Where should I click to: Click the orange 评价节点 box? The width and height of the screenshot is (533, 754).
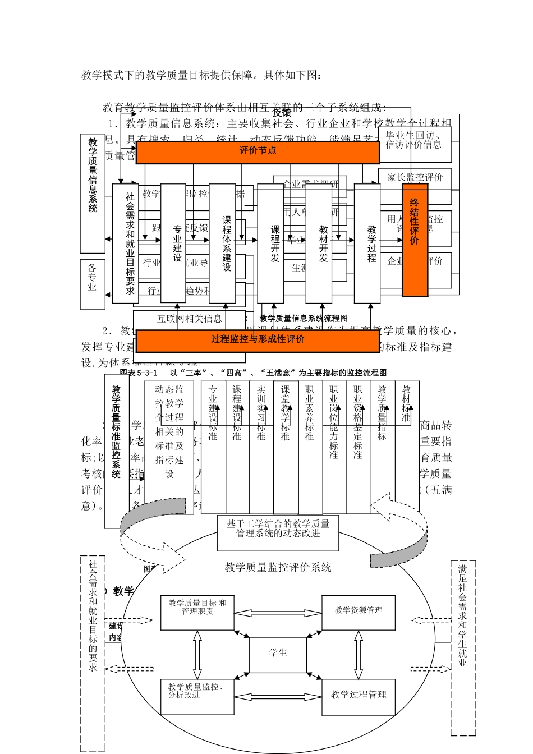pos(258,151)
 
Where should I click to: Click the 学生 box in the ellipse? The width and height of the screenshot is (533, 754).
pos(278,654)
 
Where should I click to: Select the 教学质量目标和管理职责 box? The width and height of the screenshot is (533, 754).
pos(197,612)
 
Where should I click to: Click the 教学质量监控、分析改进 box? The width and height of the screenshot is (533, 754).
pos(197,696)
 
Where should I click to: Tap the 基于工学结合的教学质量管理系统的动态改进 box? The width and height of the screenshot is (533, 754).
pos(278,532)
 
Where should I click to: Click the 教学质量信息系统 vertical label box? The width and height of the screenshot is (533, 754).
pos(93,194)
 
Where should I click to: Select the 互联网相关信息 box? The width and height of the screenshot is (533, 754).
pos(189,319)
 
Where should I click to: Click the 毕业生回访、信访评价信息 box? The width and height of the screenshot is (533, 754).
pos(414,140)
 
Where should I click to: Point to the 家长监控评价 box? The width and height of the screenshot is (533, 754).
pos(415,178)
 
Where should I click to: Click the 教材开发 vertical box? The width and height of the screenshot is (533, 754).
pos(323,243)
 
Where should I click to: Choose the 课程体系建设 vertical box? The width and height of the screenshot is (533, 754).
pos(223,243)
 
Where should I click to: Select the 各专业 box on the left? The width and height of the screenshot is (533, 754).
pos(93,284)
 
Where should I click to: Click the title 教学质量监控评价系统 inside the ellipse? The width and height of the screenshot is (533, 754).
pos(278,567)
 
